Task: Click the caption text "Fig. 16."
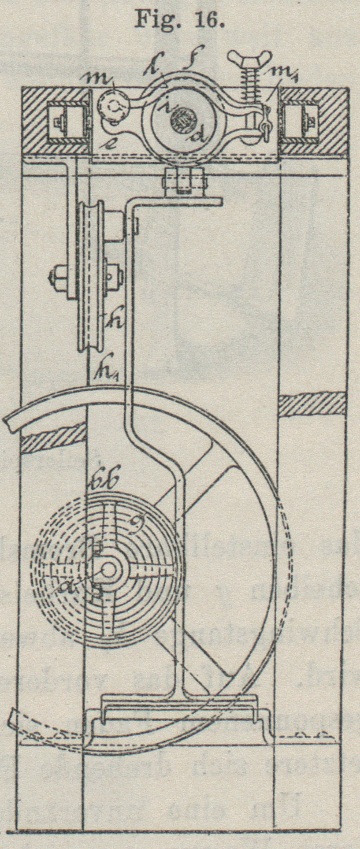tap(179, 19)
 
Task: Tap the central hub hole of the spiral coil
tap(109, 570)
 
